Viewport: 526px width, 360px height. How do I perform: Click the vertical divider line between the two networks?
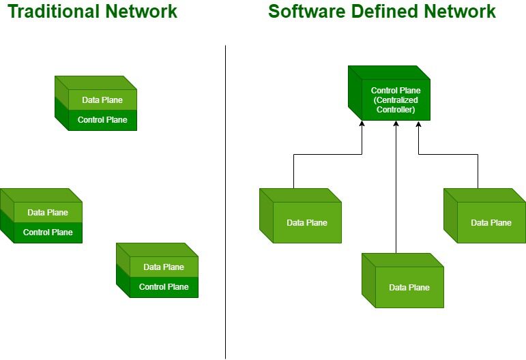(x=225, y=205)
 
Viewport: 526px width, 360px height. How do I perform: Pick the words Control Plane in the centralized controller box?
(x=396, y=90)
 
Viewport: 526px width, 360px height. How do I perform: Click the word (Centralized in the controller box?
(x=396, y=100)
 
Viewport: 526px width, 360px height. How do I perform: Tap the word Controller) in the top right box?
(x=396, y=109)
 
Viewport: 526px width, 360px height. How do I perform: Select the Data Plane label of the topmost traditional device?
(x=102, y=100)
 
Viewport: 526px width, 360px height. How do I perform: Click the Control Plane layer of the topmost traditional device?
(x=102, y=120)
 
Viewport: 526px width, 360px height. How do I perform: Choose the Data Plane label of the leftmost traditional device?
(x=48, y=213)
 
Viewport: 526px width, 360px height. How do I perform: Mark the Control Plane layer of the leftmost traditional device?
(x=48, y=232)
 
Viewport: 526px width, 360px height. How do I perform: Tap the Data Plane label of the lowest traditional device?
(x=164, y=267)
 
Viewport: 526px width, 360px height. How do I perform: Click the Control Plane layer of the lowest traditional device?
(x=164, y=287)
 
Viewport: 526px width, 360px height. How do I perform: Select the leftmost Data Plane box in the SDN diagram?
(x=306, y=222)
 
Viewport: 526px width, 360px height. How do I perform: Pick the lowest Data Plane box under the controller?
(x=409, y=287)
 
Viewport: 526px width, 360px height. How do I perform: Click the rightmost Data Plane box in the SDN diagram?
(x=491, y=222)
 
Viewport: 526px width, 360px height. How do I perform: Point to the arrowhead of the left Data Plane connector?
(x=362, y=125)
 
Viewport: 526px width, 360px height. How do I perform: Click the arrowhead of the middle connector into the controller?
(x=396, y=125)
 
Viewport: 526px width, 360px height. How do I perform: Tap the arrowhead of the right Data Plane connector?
(x=418, y=125)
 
